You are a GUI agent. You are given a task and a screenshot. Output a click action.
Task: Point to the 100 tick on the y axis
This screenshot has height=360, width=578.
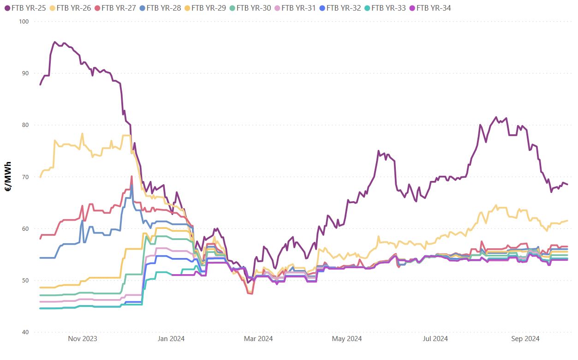coord(24,22)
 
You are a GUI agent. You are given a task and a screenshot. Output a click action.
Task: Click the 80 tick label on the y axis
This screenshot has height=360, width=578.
coord(25,125)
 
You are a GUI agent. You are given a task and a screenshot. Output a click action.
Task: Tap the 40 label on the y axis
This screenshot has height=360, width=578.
coord(25,332)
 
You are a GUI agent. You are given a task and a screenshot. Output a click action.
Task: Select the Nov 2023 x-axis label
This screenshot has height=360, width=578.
coord(83,339)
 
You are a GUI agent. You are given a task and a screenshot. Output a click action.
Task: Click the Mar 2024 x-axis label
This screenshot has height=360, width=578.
coord(258,339)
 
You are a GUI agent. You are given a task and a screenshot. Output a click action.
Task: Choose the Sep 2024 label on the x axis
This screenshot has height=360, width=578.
coord(525,339)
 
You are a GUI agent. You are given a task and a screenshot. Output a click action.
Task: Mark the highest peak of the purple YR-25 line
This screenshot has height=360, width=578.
coord(55,42)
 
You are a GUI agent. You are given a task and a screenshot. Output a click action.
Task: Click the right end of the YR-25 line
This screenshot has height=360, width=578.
coord(567,185)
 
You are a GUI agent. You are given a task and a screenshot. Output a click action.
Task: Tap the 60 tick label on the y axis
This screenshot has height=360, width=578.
coord(25,229)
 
